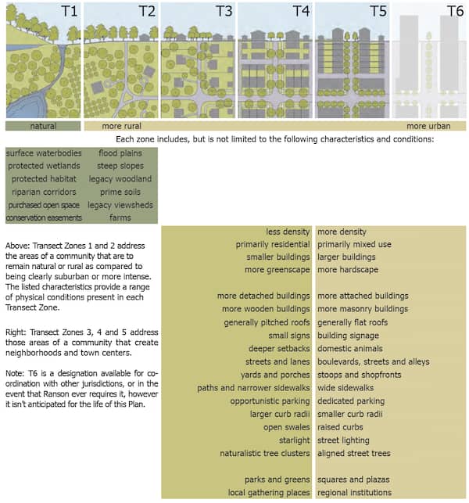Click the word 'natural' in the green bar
point(43,125)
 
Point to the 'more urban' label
point(428,125)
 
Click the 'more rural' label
point(121,125)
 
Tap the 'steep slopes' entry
point(120,166)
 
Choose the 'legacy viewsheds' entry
point(120,204)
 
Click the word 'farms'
point(120,217)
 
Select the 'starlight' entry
point(294,440)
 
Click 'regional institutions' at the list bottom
point(354,493)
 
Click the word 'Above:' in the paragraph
point(18,244)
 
